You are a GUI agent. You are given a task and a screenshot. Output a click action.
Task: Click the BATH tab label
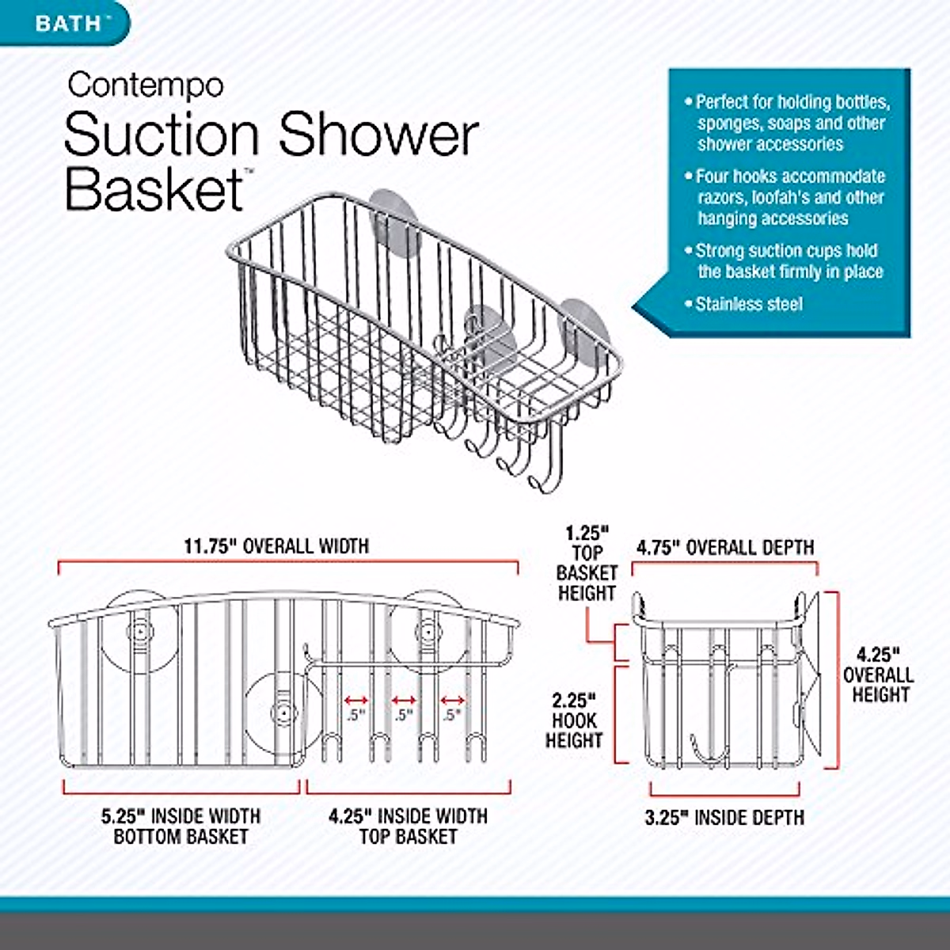coord(68,22)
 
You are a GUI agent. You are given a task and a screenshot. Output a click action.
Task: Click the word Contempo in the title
coord(146,85)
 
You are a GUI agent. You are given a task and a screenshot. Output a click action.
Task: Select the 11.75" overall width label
coord(276,546)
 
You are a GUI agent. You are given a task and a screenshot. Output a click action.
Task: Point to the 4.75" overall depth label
coord(725,548)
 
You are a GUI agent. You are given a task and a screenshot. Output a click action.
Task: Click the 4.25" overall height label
coord(879,675)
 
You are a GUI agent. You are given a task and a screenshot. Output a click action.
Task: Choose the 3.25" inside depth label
coord(724,818)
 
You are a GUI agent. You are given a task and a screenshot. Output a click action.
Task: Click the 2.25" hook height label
coord(574,720)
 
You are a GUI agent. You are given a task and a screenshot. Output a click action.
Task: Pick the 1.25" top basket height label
coord(587,562)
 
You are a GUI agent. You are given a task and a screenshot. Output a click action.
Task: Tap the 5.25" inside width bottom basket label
coord(181,826)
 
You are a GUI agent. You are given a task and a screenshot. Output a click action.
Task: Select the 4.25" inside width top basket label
coord(408,826)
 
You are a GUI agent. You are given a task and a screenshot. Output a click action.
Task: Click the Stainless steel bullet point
coord(748,304)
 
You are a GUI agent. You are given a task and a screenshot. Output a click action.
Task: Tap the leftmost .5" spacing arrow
coord(356,701)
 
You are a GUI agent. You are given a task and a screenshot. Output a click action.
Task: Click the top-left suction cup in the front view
coord(139,632)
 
